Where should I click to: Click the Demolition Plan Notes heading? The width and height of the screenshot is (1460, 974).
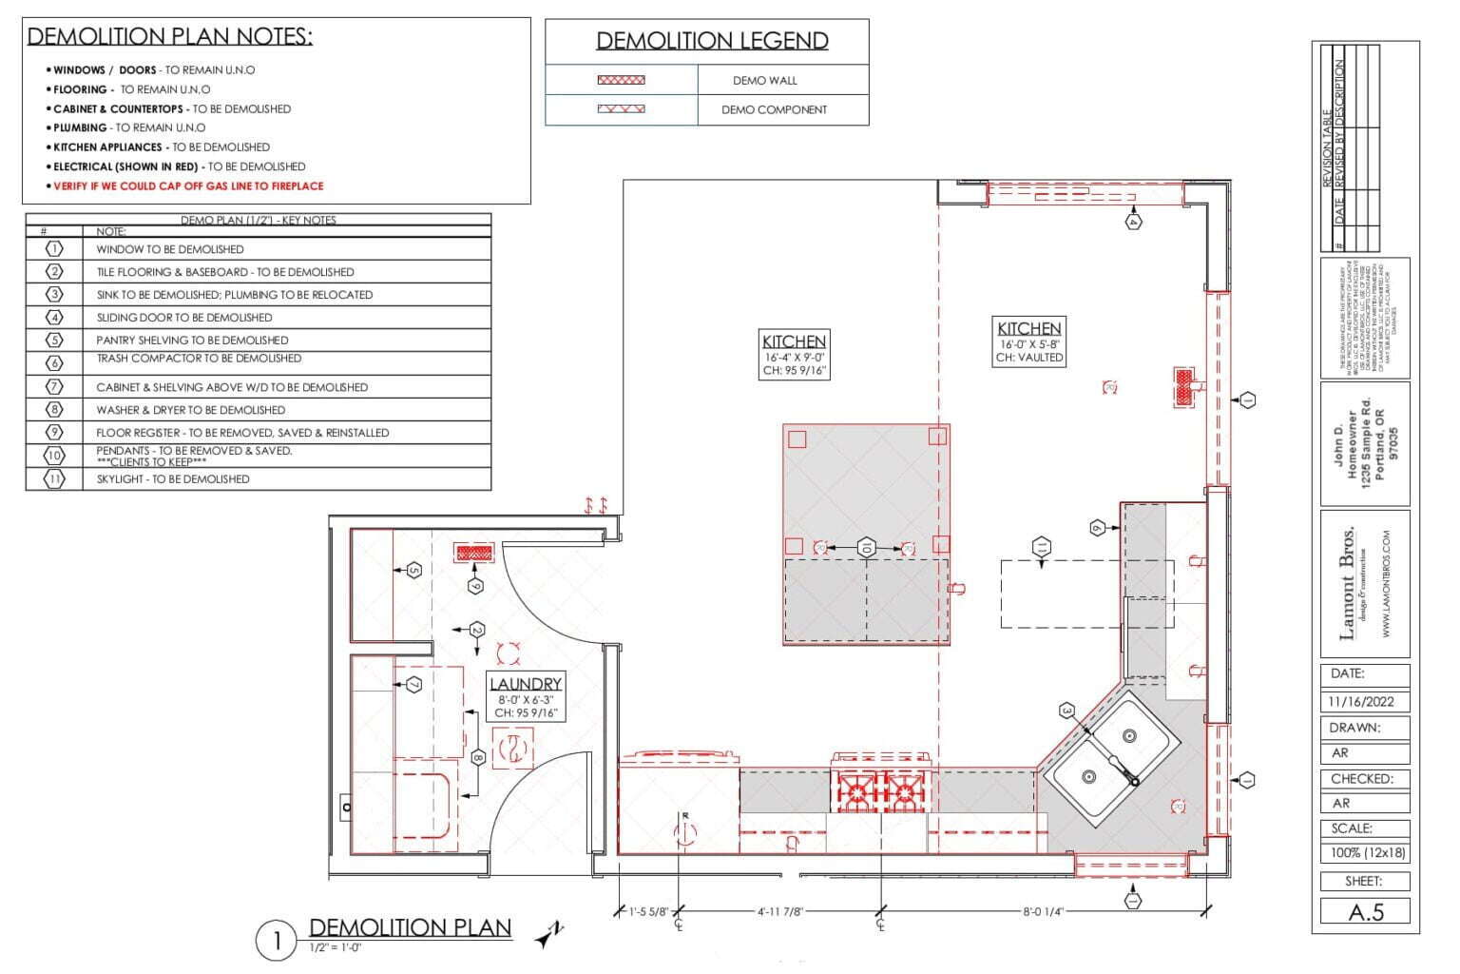click(169, 37)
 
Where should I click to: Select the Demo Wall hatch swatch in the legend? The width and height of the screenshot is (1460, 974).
click(621, 81)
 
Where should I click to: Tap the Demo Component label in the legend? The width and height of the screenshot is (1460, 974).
click(774, 109)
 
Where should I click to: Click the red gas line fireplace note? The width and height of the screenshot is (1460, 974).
click(188, 186)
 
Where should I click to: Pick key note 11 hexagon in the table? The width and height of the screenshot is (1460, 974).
click(55, 479)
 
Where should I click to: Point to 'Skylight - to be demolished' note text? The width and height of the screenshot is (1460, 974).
click(173, 479)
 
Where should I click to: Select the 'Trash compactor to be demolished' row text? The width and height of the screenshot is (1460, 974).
click(199, 359)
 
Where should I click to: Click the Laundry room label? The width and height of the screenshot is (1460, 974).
click(526, 684)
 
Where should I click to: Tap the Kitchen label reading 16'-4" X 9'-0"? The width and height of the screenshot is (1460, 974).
click(794, 341)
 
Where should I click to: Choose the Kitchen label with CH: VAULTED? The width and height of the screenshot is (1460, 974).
click(1028, 328)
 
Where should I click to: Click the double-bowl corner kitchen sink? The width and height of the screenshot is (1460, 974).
click(1110, 756)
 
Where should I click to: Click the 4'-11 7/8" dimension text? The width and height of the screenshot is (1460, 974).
click(780, 911)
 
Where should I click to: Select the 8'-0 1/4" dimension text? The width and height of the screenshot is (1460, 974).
click(1043, 911)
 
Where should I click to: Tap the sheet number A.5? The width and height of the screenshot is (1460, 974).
click(1366, 912)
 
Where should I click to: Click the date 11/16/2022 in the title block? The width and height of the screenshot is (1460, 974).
click(1362, 702)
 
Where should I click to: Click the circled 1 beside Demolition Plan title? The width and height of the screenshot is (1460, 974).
click(278, 942)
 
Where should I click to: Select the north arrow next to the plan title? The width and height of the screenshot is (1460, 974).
click(548, 936)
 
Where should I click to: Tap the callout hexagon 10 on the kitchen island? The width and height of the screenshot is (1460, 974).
click(866, 548)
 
